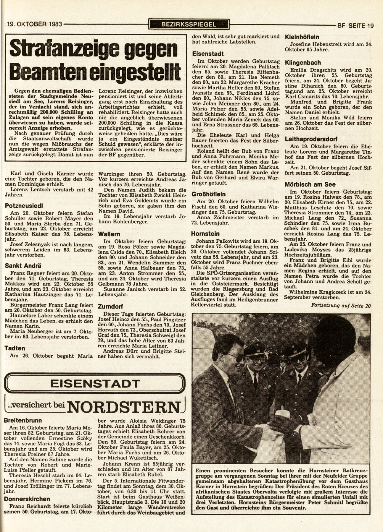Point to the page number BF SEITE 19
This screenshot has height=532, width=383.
355,25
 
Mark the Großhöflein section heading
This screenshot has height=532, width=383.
209,194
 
